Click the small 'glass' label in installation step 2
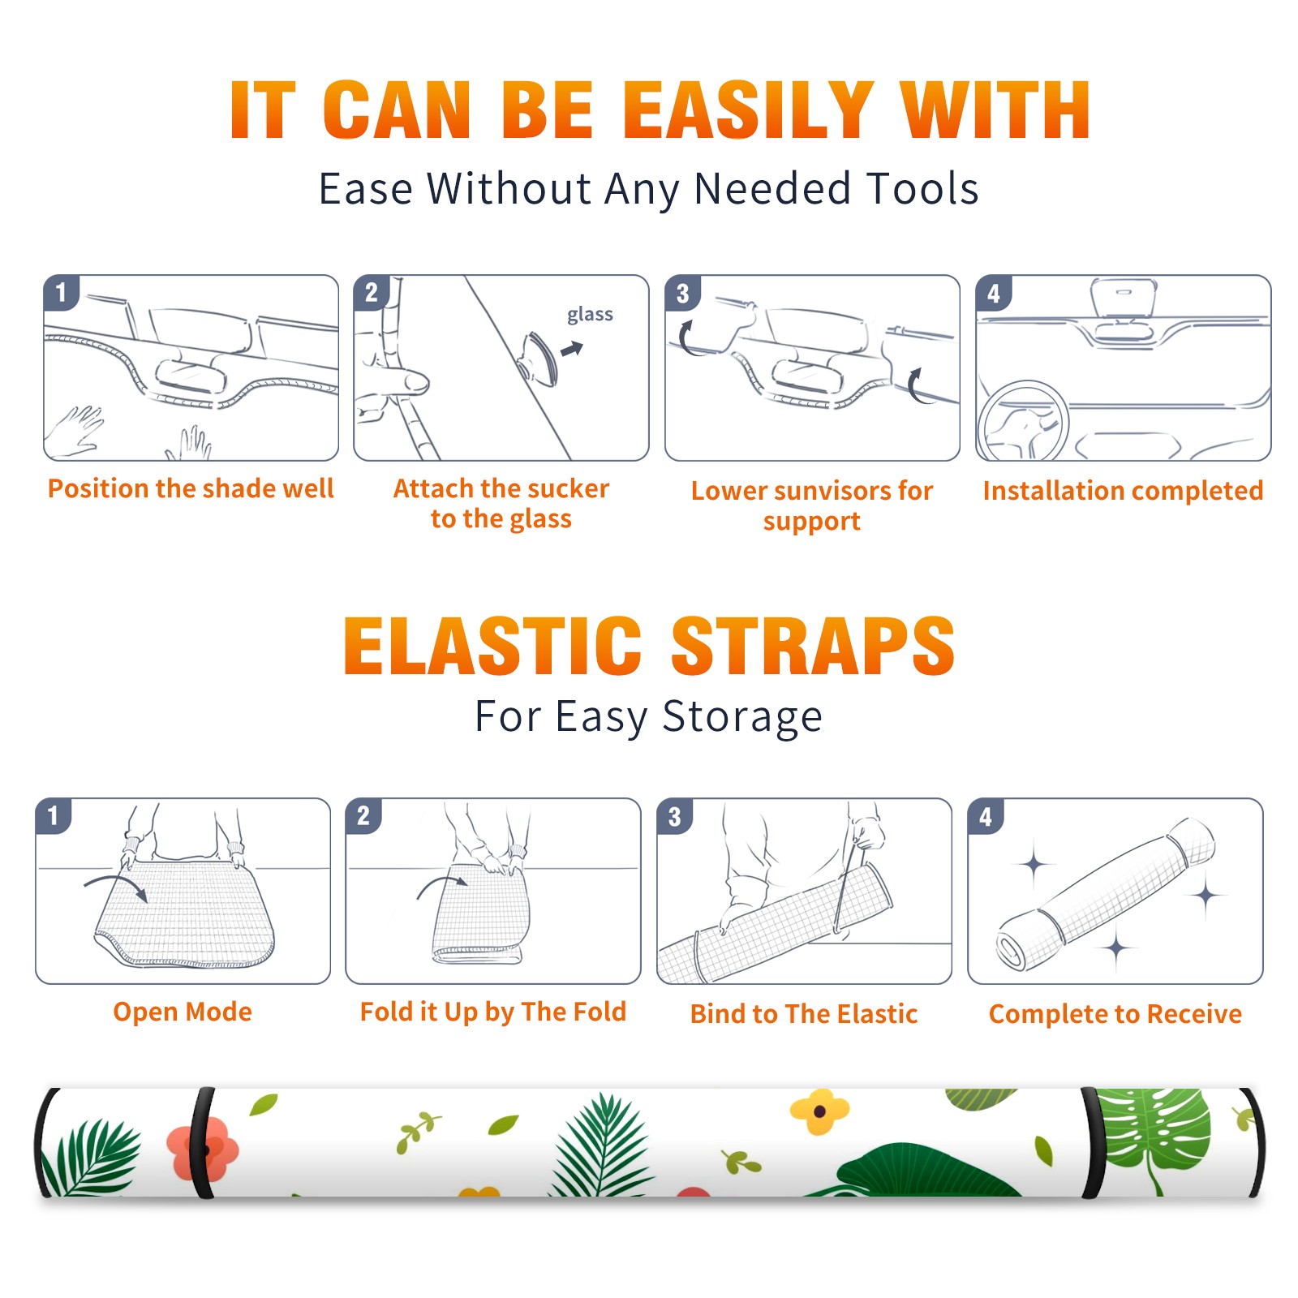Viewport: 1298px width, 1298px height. click(x=590, y=315)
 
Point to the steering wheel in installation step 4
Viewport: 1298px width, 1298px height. click(x=1023, y=421)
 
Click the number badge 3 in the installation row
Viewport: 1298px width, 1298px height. click(x=682, y=293)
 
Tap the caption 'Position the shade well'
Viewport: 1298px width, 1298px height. click(x=191, y=488)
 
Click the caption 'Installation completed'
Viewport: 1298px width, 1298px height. click(x=1123, y=490)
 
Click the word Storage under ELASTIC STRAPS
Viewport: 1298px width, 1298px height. click(x=742, y=717)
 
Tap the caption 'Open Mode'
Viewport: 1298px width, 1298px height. click(x=183, y=1012)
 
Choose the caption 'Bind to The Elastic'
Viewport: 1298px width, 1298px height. click(x=803, y=1014)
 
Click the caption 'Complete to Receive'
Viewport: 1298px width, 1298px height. click(x=1115, y=1014)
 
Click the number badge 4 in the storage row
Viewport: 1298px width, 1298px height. click(x=986, y=816)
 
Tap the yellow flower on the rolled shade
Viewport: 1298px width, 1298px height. click(x=819, y=1111)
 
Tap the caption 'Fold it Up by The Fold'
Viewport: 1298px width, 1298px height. click(x=493, y=1012)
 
